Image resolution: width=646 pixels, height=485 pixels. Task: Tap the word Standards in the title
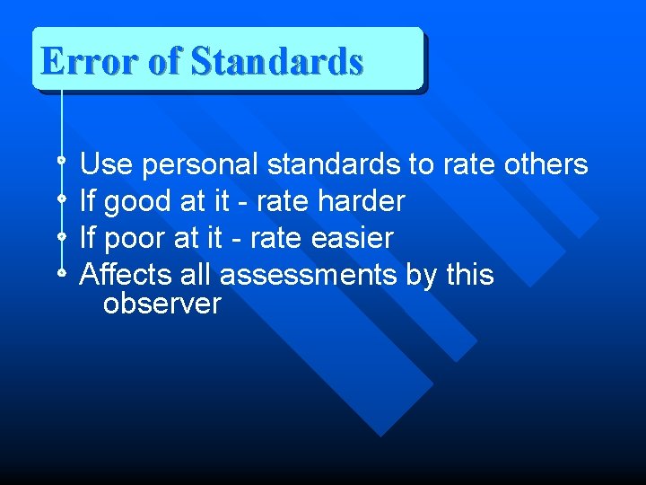(x=277, y=62)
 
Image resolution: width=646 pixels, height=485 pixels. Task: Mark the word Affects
(x=122, y=274)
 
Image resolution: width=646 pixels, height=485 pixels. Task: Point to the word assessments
(x=308, y=275)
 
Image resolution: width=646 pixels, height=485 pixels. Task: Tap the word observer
(x=161, y=304)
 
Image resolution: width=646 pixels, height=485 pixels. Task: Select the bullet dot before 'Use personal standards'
(x=61, y=161)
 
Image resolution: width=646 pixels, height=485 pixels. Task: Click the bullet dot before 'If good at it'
(x=61, y=198)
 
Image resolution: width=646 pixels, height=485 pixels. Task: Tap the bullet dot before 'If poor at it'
(x=61, y=234)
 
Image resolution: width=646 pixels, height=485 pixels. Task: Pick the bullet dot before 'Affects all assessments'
(x=61, y=270)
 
